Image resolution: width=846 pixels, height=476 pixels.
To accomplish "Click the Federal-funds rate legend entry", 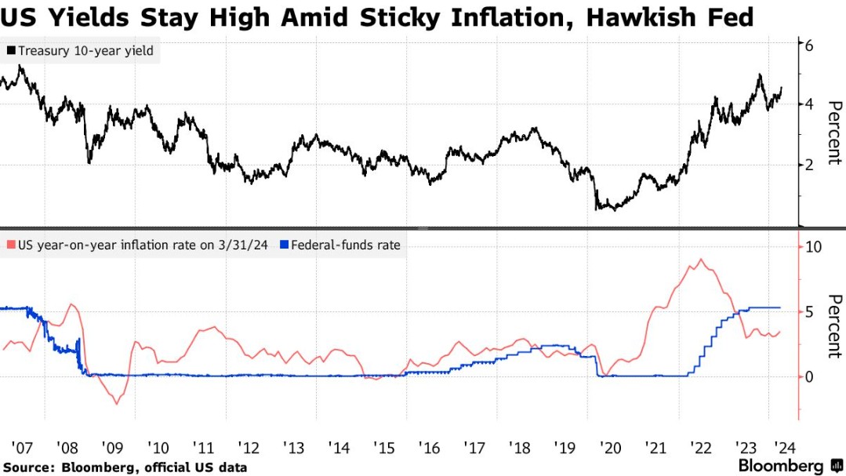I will (345, 245).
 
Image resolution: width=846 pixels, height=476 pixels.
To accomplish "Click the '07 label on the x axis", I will (21, 449).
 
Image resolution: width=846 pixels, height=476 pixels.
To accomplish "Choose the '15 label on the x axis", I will (384, 449).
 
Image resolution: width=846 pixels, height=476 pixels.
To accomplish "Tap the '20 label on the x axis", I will (610, 449).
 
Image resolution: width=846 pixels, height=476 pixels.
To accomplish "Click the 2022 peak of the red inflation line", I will (700, 260).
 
